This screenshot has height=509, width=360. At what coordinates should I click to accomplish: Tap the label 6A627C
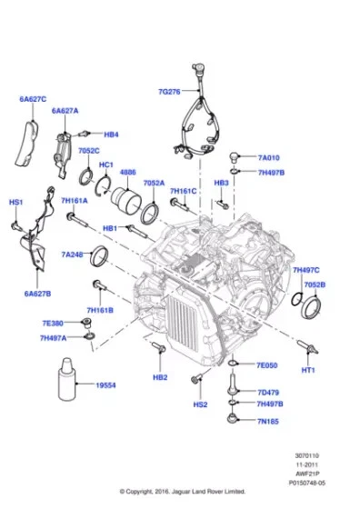32,98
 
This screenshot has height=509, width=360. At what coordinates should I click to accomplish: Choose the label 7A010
270,157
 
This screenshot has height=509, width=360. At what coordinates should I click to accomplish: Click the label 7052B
315,284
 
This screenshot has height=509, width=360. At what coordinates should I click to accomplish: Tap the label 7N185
269,423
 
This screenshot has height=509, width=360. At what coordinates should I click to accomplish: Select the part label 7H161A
74,199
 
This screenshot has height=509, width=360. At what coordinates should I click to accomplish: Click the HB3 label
221,183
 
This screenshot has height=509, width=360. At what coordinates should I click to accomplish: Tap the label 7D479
269,392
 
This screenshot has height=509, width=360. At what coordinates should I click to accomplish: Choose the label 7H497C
306,270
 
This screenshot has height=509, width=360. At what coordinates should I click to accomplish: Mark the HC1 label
105,165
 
